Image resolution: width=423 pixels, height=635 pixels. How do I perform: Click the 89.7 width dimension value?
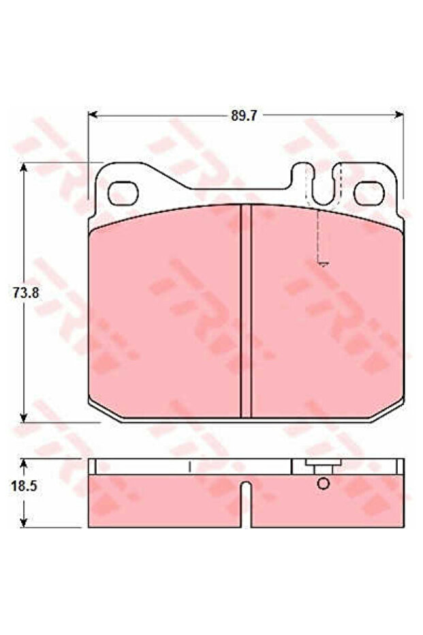coord(244,115)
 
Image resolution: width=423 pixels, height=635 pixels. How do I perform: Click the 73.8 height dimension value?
coord(26,293)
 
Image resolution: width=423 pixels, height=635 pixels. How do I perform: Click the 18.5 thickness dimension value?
coord(24,486)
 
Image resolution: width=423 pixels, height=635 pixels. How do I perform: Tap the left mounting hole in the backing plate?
coord(123,193)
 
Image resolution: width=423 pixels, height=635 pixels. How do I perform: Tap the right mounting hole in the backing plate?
coord(369,193)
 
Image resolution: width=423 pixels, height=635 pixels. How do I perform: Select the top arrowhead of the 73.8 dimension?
coord(25,167)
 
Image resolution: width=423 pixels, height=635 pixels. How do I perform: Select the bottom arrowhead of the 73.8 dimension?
coord(25,417)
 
